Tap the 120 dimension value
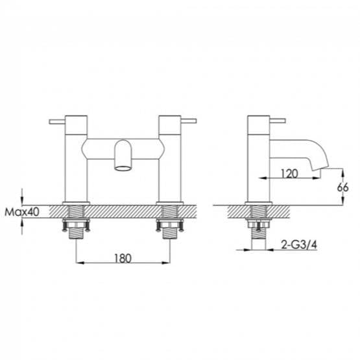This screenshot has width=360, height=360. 290,173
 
